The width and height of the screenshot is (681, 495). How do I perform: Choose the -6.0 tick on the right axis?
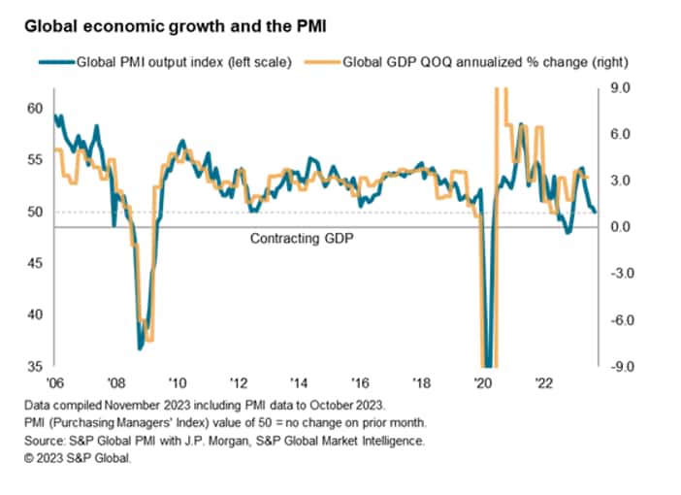click(616, 319)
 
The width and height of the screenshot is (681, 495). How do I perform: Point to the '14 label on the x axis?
click(302, 381)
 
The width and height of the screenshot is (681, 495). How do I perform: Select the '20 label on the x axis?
click(482, 381)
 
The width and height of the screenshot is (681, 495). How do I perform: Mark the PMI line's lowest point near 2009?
click(141, 346)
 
